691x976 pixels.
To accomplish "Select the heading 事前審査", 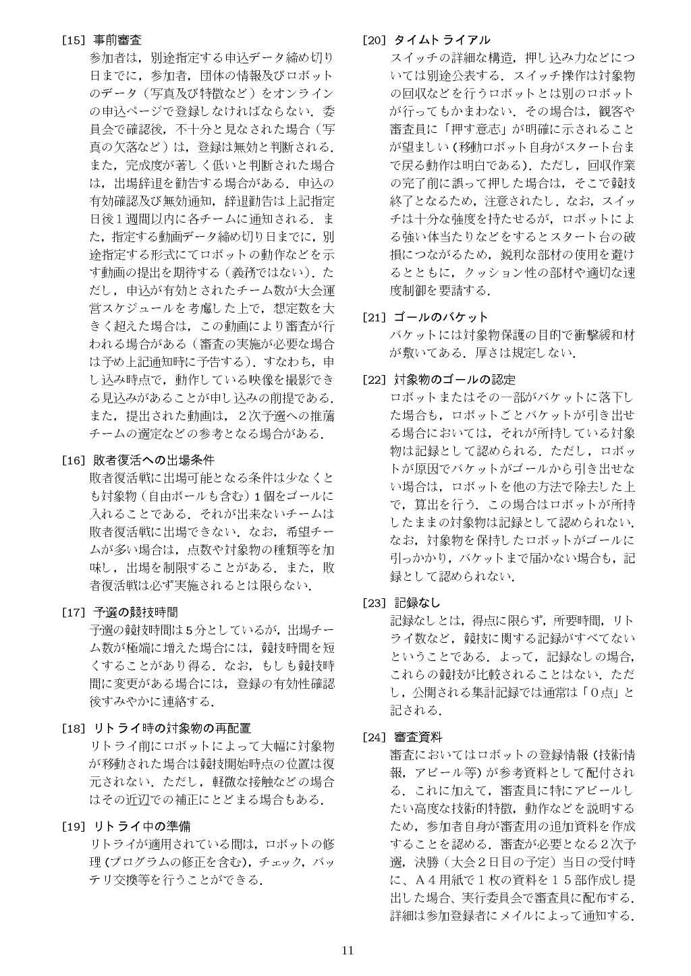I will tap(117, 40).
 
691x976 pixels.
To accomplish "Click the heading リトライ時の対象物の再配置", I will tap(172, 728).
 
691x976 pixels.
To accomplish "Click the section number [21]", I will tap(375, 317).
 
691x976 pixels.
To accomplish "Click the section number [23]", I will tap(375, 603).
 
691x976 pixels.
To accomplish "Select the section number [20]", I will tap(375, 40).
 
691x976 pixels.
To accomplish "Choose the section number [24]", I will tap(375, 737).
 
